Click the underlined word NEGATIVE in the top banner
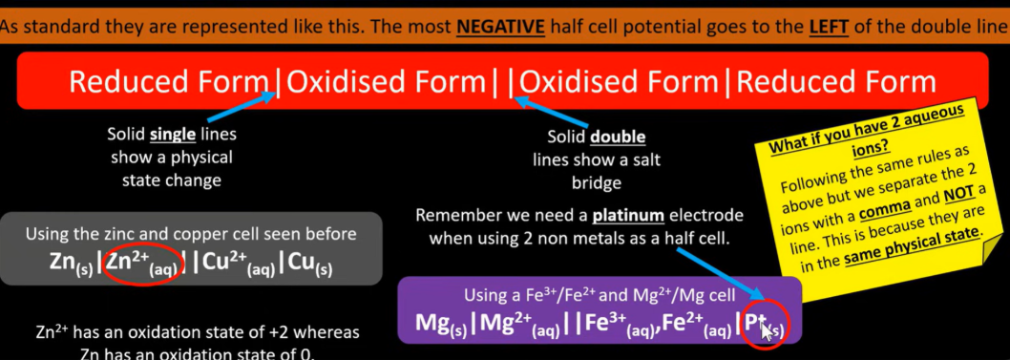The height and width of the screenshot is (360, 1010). pyautogui.click(x=501, y=26)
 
